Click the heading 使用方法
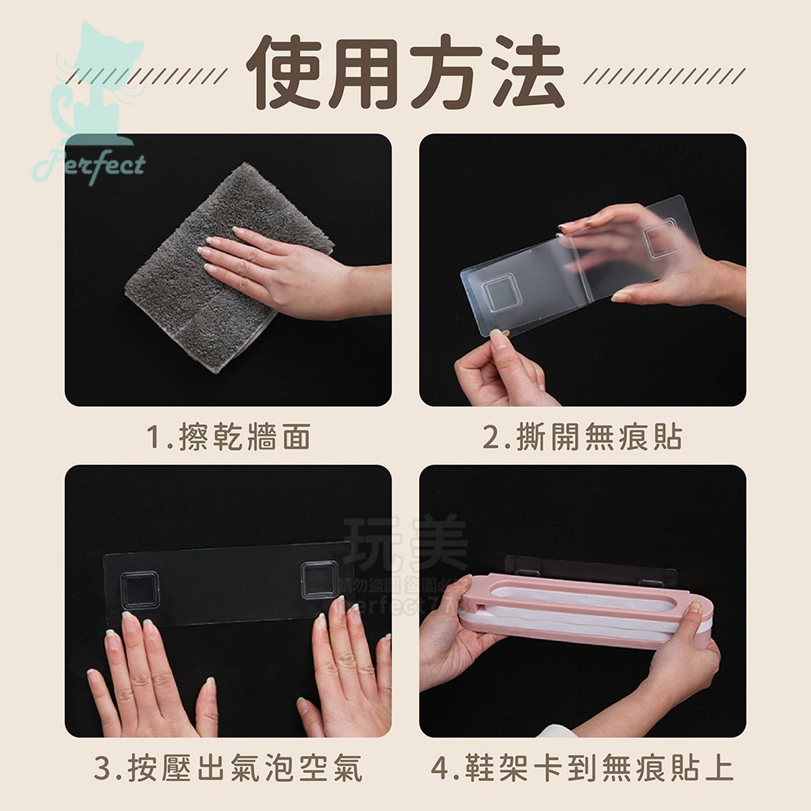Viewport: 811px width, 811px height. coord(405,74)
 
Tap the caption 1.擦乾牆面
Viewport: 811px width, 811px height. coord(230,438)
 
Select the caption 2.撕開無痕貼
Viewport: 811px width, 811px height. coord(582,438)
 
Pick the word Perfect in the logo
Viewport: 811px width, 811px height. coord(88,165)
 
